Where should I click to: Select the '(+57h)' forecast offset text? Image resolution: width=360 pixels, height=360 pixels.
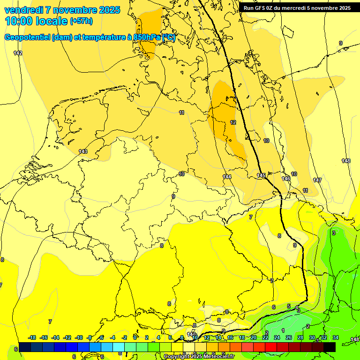(x=81, y=21)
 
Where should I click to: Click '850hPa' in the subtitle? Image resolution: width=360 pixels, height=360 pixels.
(x=147, y=37)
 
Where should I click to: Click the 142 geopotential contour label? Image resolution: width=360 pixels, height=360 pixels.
(x=18, y=53)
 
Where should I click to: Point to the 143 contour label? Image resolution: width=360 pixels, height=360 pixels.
(x=83, y=151)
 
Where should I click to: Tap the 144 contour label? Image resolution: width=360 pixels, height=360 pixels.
(x=227, y=177)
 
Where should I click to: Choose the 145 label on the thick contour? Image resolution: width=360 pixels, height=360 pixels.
(x=261, y=175)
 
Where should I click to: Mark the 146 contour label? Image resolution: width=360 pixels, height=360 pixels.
(x=285, y=179)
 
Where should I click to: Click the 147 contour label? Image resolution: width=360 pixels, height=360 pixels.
(x=317, y=180)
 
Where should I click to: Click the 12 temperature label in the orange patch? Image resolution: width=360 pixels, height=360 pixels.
(x=233, y=122)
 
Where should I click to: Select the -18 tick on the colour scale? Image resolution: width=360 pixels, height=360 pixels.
(x=32, y=337)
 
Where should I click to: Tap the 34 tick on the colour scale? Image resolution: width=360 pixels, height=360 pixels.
(x=336, y=337)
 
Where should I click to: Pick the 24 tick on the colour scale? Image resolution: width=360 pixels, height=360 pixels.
(x=277, y=337)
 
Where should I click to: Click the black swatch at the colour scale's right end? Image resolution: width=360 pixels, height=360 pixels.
(x=330, y=347)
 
